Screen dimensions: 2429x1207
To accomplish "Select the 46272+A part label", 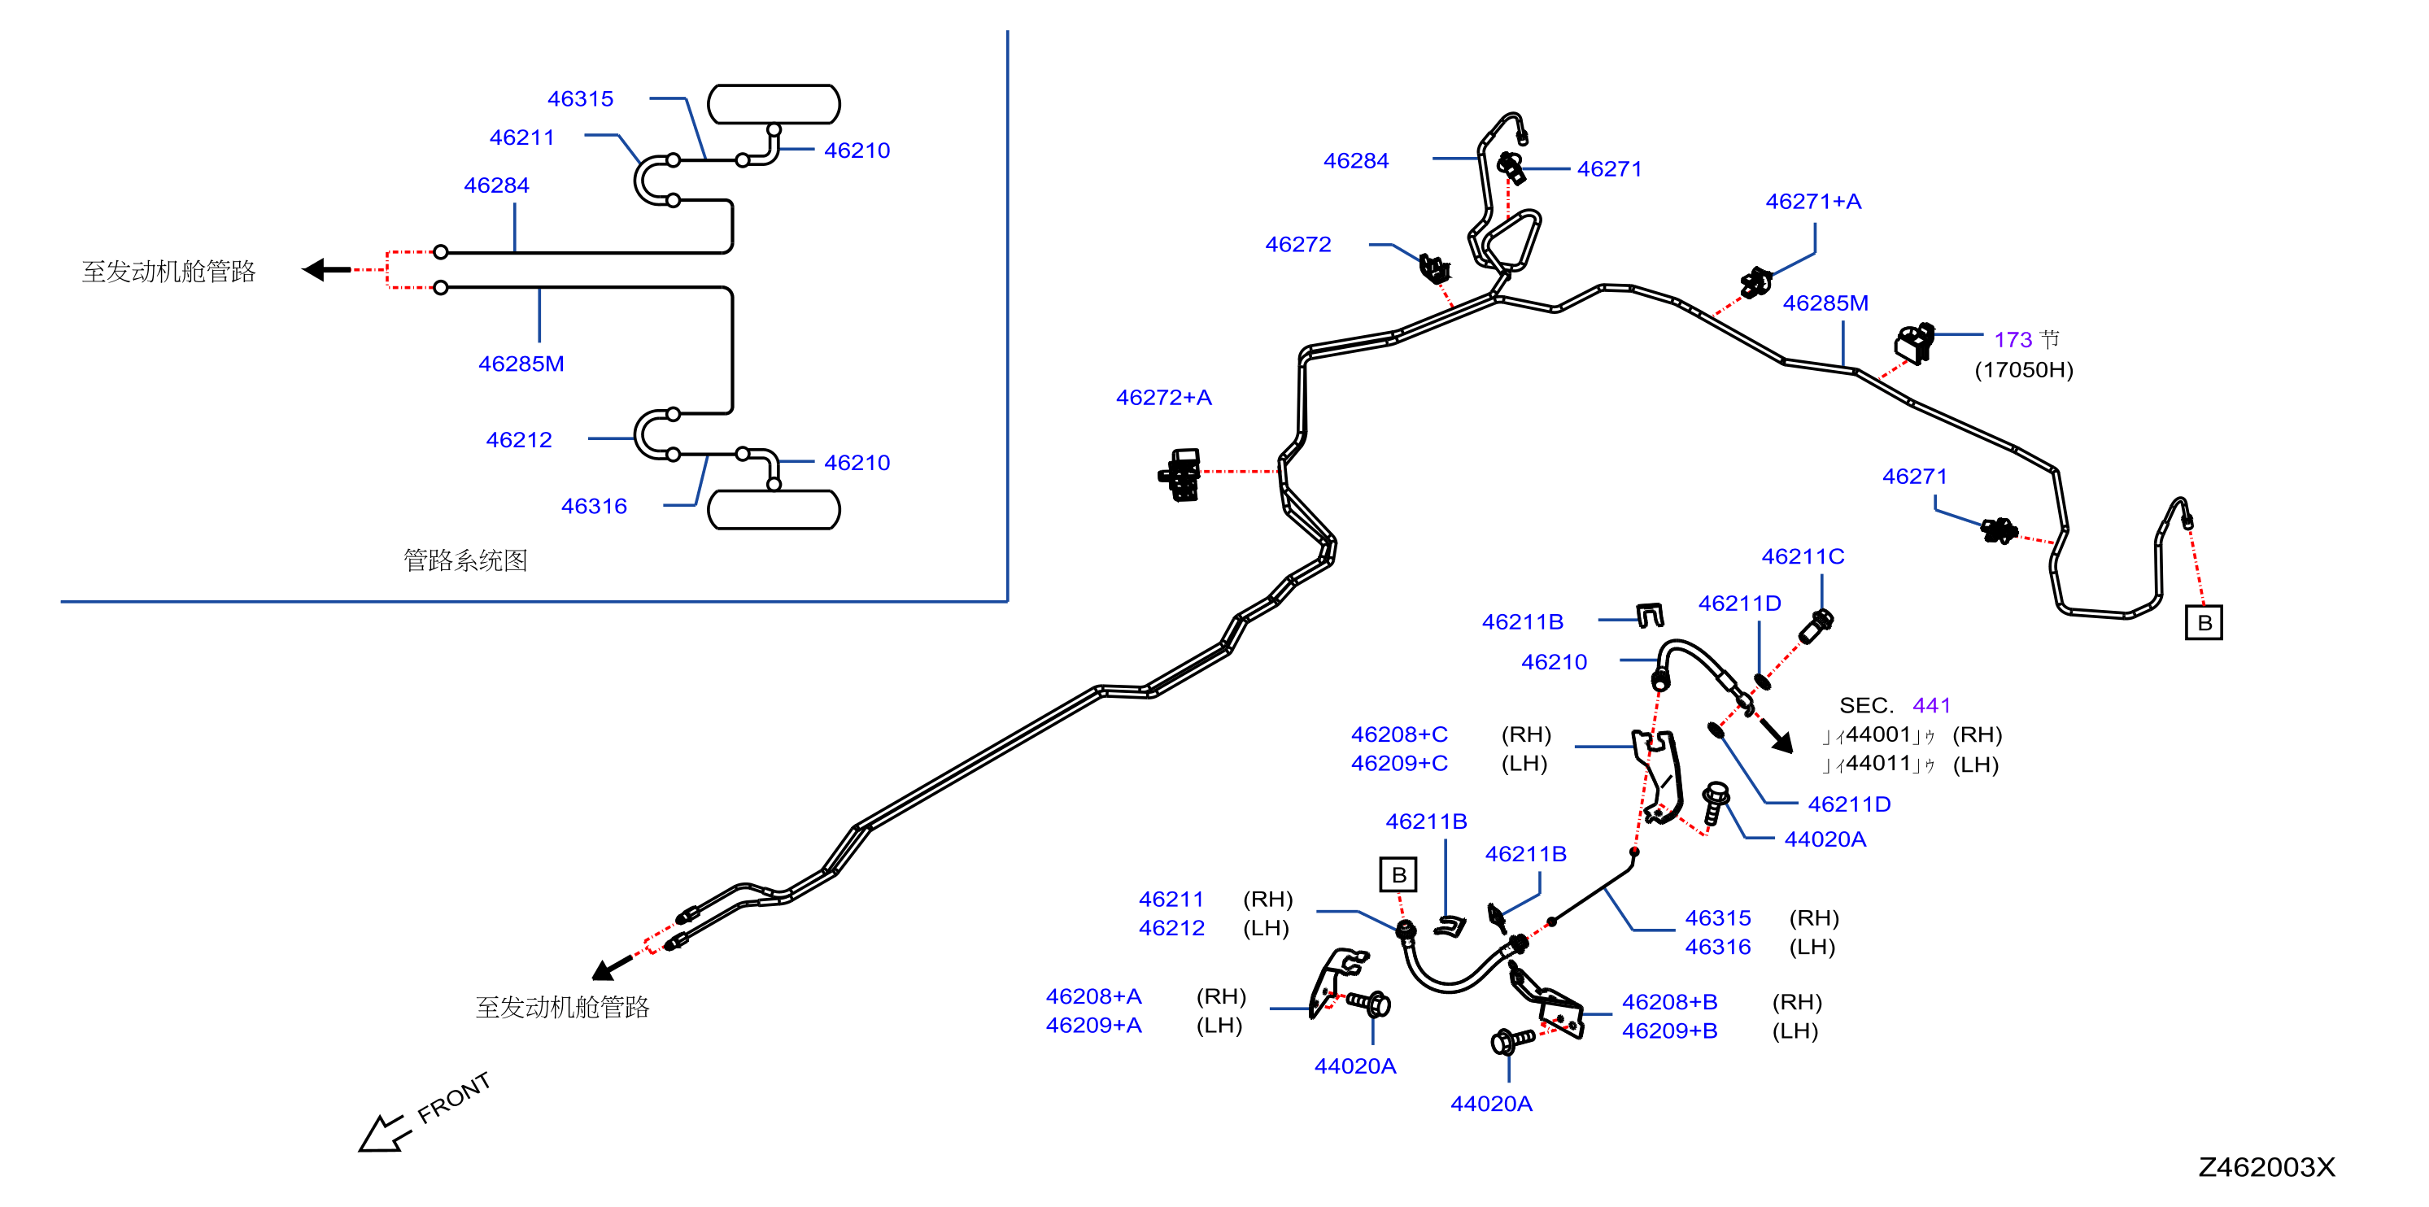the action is [1163, 398].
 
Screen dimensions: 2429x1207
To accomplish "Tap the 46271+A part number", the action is [1813, 202].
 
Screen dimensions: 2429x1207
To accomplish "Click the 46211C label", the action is [1803, 556].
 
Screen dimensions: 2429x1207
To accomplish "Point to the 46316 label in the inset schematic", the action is [594, 507].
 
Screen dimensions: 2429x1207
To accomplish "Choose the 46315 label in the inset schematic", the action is [581, 99].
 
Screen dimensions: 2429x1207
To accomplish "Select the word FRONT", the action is [454, 1098].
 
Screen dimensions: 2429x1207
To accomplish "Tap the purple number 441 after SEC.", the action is [1931, 705].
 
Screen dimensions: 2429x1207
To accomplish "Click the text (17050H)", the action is [2024, 369].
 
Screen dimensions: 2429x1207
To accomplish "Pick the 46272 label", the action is [1298, 244].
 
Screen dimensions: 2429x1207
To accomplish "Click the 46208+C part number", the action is [1399, 734].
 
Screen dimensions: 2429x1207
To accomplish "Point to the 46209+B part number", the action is [1670, 1031].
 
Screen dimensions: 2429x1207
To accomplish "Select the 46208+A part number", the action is [1094, 996].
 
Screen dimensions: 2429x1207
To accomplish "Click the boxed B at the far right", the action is [2204, 623].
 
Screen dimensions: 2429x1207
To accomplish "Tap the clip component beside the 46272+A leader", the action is [1180, 474].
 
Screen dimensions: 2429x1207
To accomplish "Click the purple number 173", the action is [2013, 339].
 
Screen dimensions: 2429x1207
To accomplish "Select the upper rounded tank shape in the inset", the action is [774, 104].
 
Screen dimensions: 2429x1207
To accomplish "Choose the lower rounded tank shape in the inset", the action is [774, 510].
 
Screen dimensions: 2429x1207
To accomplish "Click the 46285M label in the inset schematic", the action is [521, 364].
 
